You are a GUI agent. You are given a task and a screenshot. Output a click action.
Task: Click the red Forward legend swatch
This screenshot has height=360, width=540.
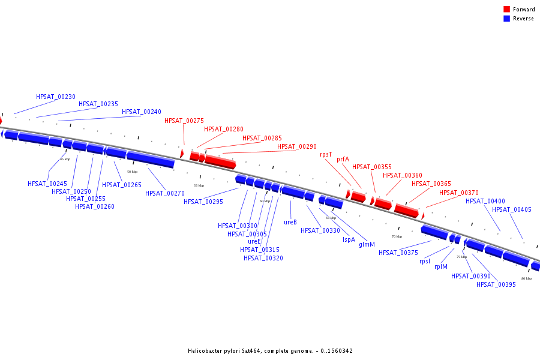[507, 10]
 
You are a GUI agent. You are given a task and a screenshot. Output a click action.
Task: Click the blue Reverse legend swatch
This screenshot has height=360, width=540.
[507, 19]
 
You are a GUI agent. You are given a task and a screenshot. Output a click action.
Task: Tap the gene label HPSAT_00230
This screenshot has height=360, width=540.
[56, 97]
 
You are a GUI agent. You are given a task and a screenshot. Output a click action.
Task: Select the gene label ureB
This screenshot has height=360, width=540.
[290, 222]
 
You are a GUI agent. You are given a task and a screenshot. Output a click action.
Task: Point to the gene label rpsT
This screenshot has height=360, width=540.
[326, 154]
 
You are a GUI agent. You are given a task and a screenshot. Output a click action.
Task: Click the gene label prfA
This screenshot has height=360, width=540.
[343, 160]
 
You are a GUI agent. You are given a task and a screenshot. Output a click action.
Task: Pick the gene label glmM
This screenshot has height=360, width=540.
[367, 244]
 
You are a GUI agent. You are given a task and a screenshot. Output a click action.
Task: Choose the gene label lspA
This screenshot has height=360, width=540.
[349, 239]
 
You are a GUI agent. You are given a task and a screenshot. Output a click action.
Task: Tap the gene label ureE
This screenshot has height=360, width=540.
[254, 241]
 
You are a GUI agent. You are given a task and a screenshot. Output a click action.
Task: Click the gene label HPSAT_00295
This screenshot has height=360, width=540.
[203, 202]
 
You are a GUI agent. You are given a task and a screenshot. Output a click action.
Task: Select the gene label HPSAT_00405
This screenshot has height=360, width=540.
[512, 209]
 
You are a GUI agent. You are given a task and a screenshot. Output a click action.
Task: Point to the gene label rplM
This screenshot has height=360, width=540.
[441, 266]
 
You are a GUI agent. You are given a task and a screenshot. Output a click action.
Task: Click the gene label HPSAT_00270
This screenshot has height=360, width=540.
[165, 193]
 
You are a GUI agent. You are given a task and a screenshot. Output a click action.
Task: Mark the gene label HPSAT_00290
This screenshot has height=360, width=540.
[297, 146]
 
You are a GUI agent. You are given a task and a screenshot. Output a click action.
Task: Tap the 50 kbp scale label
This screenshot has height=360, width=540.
[132, 172]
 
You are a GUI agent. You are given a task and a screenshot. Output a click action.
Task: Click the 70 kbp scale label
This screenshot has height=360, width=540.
[397, 236]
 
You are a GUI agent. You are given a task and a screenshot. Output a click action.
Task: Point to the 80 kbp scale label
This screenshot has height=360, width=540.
[526, 278]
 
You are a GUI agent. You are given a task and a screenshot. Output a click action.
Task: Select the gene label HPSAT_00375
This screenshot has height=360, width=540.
[398, 253]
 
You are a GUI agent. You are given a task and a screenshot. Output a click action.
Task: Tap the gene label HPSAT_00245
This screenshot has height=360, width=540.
[47, 184]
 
